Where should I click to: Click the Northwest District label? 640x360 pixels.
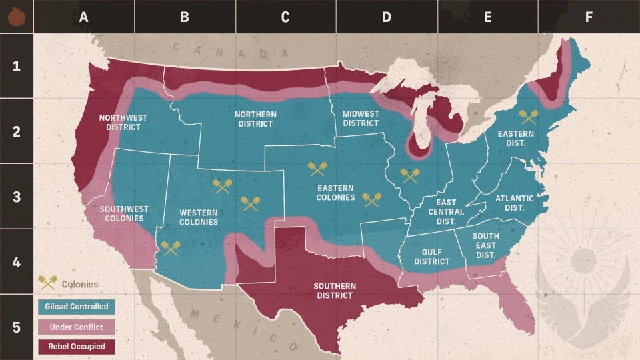pos(123,122)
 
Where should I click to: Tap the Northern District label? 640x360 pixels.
pos(255,119)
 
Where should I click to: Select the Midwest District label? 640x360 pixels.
pos(361,118)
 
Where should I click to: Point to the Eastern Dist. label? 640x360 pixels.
pos(515,138)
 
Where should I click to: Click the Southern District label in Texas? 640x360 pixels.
pos(335,291)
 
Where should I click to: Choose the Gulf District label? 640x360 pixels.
pos(431,257)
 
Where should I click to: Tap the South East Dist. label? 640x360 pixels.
pos(485,245)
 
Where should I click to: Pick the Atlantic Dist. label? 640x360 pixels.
pos(514,203)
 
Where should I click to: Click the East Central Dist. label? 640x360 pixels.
pos(446,211)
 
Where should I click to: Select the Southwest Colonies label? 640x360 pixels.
pos(121,213)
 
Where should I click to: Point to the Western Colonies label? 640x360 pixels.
pos(199,217)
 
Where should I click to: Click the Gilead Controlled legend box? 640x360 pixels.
pos(77,307)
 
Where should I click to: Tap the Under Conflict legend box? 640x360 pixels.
pos(77,327)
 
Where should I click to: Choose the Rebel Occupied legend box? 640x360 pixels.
pos(77,347)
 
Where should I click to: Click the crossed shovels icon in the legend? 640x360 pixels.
pos(47,283)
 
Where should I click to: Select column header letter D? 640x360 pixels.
pos(386,17)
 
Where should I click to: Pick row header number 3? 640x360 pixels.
pos(16,197)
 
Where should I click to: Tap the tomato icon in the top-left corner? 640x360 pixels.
pos(16,16)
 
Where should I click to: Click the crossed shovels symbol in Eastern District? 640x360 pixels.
pos(529,117)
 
